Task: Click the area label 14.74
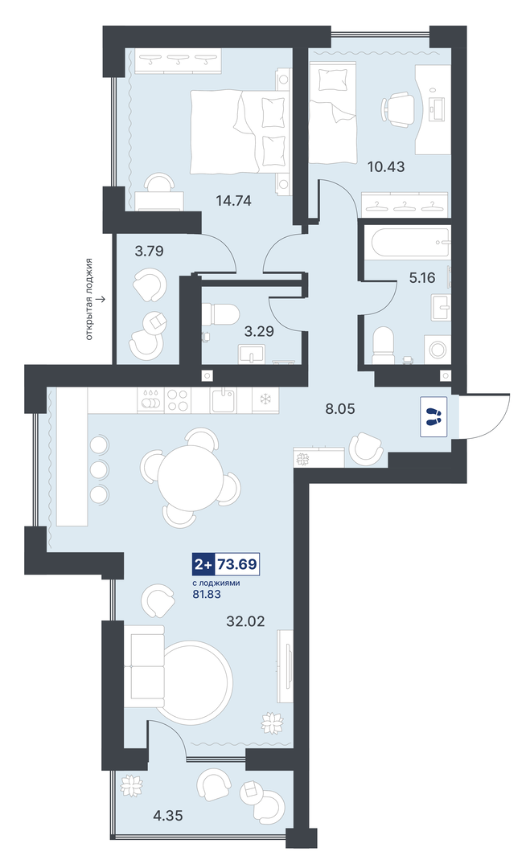[233, 201]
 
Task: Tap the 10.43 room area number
[386, 166]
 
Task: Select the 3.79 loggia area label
[149, 252]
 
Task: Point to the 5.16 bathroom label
[422, 278]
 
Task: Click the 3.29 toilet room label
[259, 332]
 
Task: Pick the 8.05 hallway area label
[340, 409]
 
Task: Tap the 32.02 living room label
[245, 621]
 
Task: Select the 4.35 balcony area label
[168, 816]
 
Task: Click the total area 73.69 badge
[226, 565]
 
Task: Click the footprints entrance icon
[433, 417]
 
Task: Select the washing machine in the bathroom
[438, 350]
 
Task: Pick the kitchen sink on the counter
[224, 399]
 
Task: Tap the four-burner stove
[178, 399]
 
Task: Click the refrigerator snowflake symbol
[265, 399]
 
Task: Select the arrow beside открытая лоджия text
[101, 300]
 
